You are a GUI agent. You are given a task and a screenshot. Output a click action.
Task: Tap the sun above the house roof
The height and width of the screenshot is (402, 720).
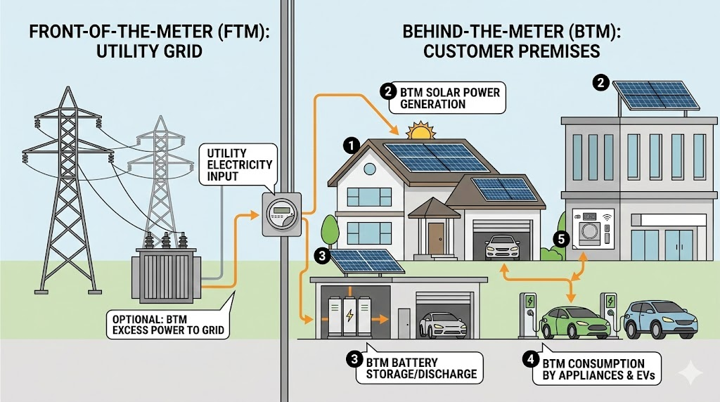pos(420,131)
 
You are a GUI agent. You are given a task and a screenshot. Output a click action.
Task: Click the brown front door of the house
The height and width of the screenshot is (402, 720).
pos(435,238)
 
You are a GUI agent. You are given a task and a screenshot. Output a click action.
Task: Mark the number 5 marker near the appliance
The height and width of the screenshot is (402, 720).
pos(560,240)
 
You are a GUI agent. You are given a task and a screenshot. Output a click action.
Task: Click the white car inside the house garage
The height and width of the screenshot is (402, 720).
pos(502,247)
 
